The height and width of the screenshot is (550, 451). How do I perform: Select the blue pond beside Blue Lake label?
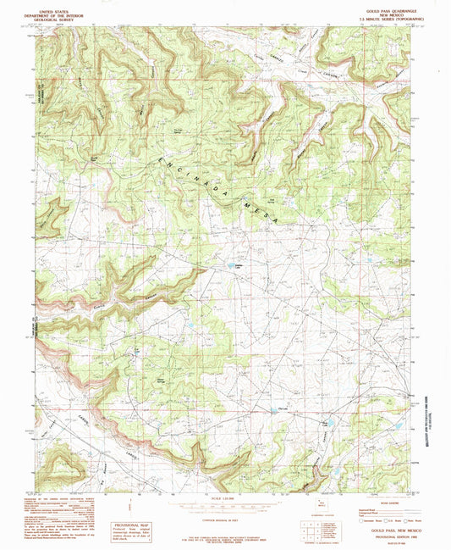[330, 421]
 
